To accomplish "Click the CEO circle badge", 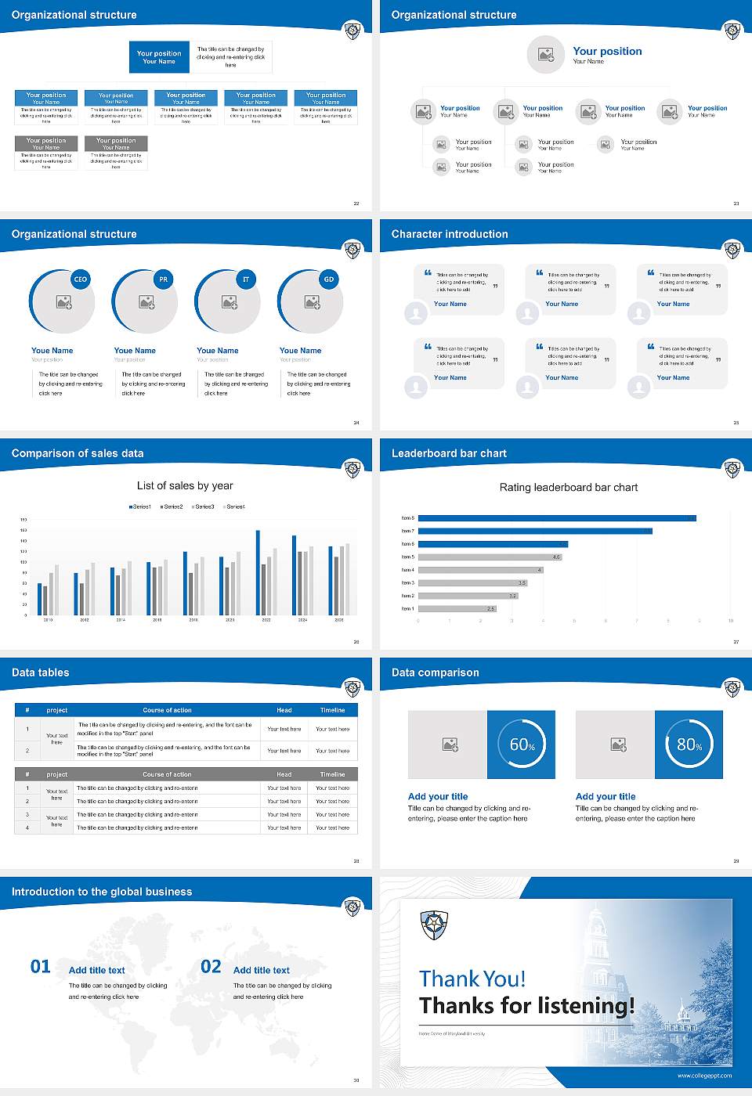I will pos(80,279).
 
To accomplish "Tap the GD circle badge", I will pos(329,279).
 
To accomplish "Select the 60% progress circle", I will pos(522,744).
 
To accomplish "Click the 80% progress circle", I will pos(689,744).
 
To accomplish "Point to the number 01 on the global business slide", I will pos(41,967).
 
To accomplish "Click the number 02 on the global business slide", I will pos(211,967).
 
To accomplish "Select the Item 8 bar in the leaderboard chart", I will pos(556,518).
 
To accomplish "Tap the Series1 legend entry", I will pos(140,507).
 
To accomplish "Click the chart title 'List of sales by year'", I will pos(185,485).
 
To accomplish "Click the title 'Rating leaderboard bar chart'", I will pos(568,487).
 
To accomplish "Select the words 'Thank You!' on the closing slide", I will pos(472,979).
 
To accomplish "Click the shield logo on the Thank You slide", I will pos(434,925).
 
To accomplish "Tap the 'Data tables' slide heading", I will pos(40,672).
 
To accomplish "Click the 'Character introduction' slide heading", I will pos(450,234).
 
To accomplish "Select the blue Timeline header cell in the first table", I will pos(332,710).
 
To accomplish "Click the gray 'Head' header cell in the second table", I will pos(284,774).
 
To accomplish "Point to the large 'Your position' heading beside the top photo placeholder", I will pos(607,51).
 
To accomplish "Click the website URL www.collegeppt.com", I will pos(704,1076).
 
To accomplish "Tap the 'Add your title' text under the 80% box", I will pos(606,796).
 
